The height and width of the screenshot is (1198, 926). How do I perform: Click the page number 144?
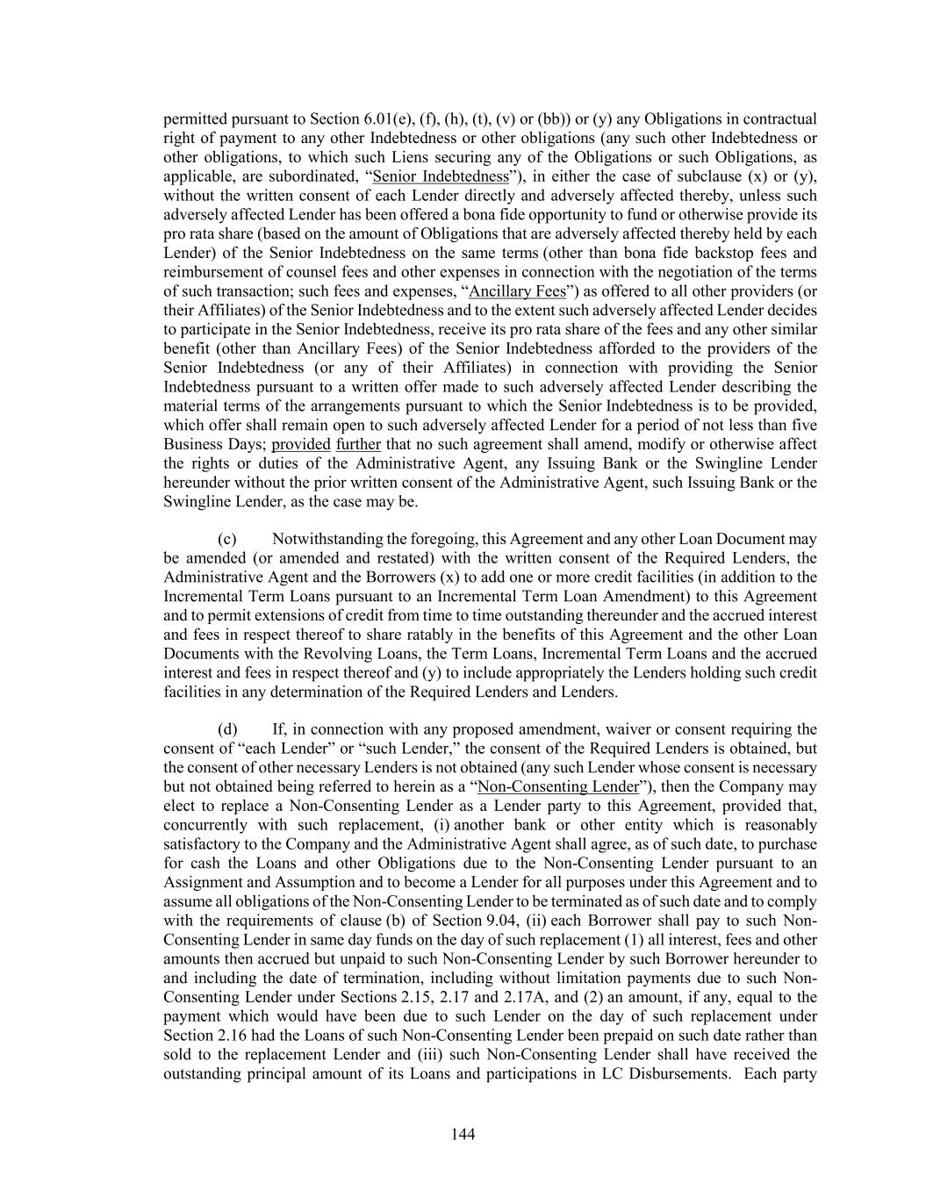tap(463, 1134)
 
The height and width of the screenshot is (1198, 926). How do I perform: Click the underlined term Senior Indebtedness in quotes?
tap(441, 176)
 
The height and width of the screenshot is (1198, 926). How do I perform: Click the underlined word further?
tap(358, 444)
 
